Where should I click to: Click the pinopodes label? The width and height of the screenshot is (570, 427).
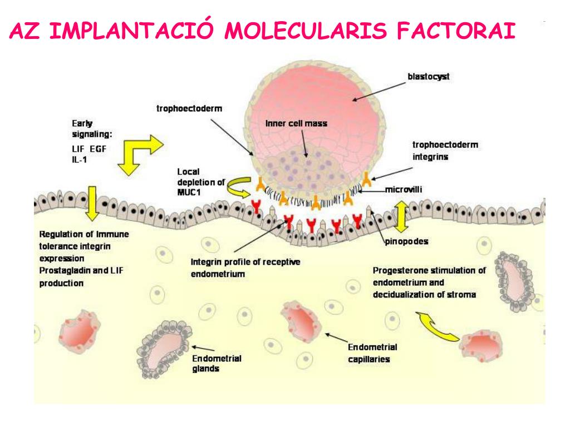click(x=407, y=242)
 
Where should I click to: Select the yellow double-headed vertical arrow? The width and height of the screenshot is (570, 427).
click(x=401, y=217)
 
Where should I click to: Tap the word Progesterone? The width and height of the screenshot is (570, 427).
click(x=400, y=271)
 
